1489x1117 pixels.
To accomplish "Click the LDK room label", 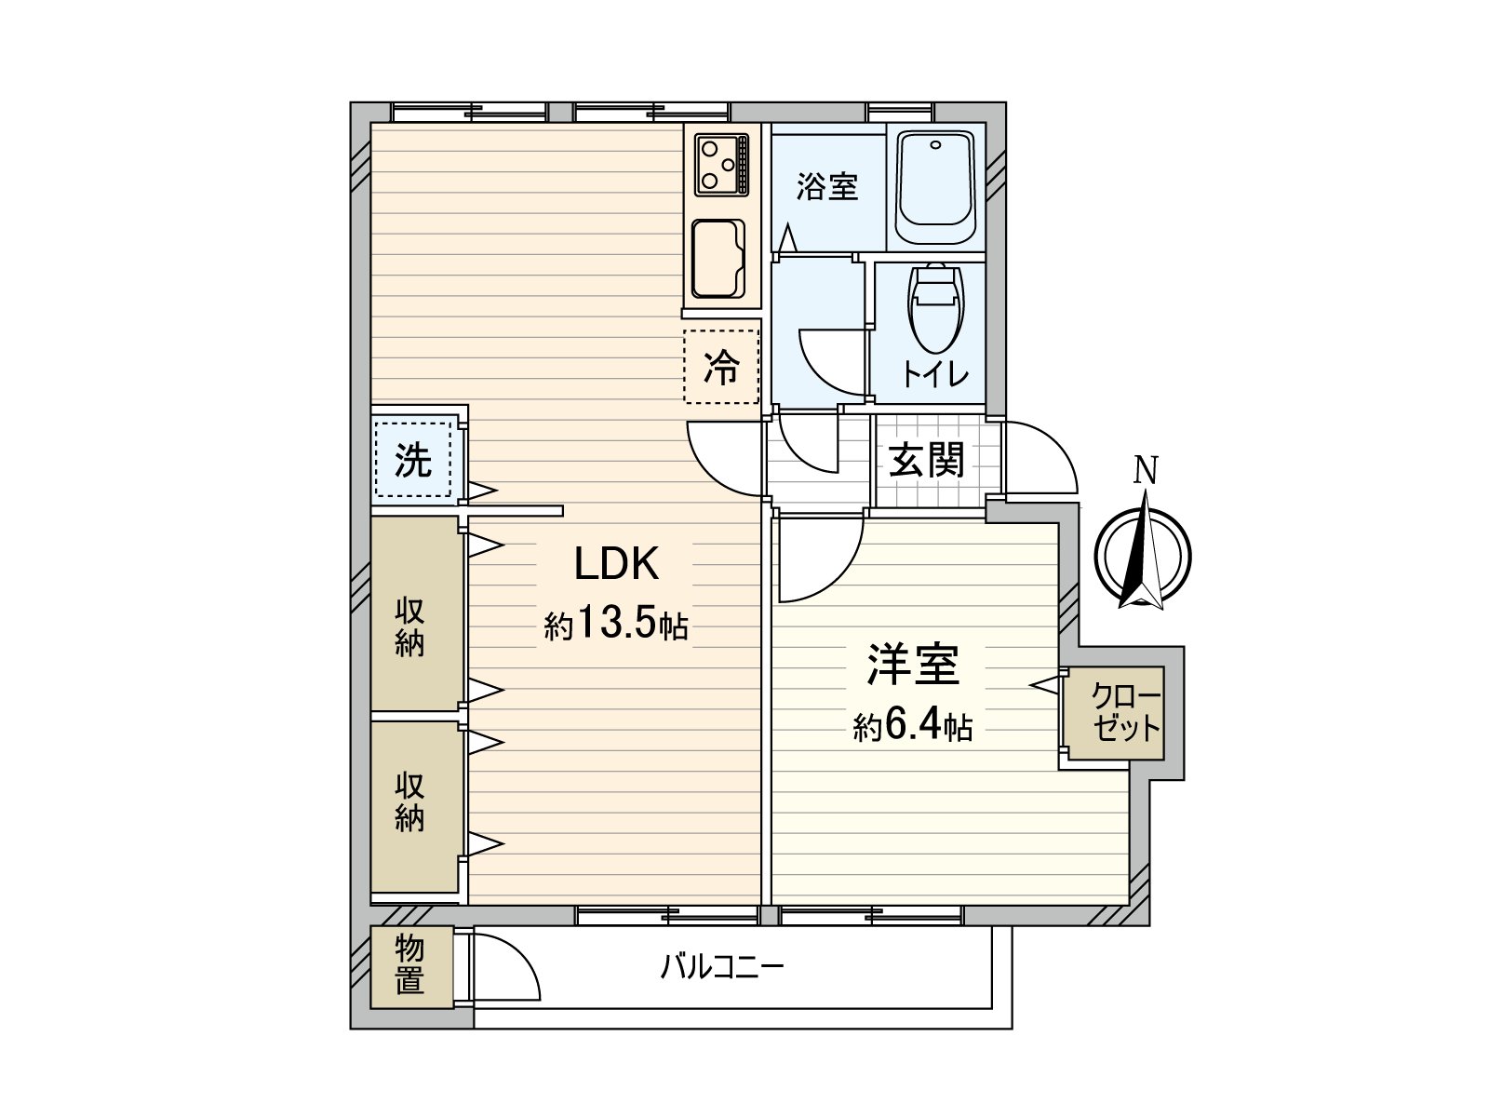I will click(616, 564).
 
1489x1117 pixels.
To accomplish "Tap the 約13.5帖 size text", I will click(616, 625).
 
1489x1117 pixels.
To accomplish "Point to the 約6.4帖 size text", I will click(913, 725).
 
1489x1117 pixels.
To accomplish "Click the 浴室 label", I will click(826, 186).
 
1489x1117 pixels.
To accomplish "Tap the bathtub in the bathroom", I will click(935, 186).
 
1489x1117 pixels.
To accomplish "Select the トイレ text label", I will click(934, 374).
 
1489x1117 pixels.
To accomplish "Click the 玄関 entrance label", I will click(926, 460).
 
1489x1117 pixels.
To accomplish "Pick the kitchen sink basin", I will click(718, 259).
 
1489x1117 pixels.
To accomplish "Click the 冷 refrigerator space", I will click(721, 367).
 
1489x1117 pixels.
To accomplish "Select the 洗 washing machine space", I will click(412, 459).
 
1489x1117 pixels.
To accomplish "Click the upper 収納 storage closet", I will click(409, 626).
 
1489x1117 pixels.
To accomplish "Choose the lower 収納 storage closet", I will click(409, 802).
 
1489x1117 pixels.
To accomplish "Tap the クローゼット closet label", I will click(1126, 712).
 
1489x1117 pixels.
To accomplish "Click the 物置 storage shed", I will click(410, 964).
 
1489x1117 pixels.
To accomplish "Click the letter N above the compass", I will click(1145, 470).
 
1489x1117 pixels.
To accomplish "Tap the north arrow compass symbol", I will click(1143, 556).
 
